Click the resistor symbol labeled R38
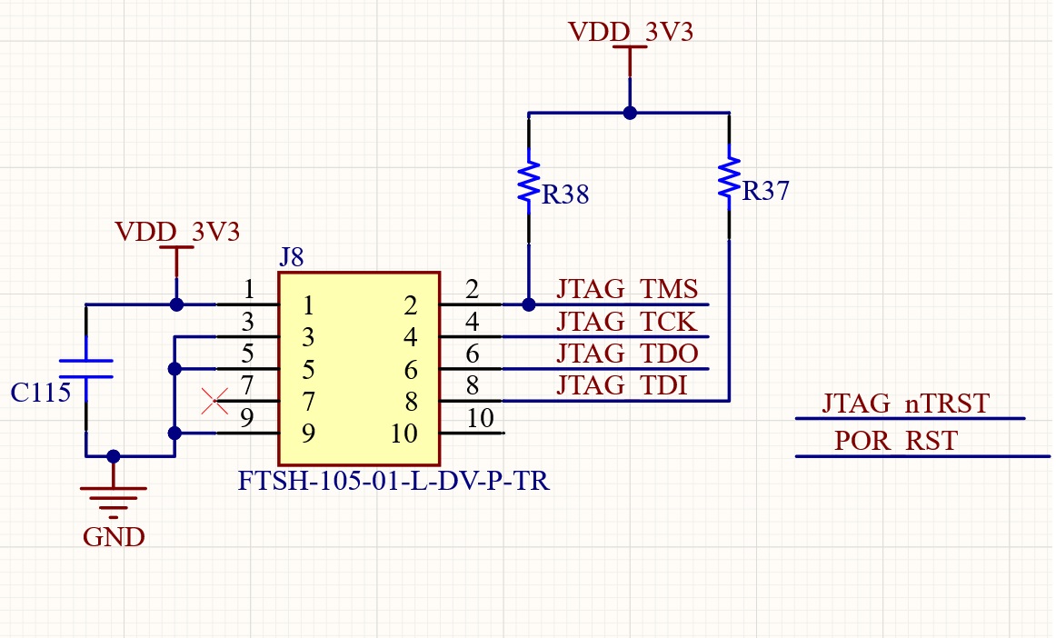pyautogui.click(x=528, y=182)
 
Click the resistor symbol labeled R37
pyautogui.click(x=729, y=179)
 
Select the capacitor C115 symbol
pyautogui.click(x=85, y=368)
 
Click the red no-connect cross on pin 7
pyautogui.click(x=214, y=401)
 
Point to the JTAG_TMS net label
pyautogui.click(x=627, y=289)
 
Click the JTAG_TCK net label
pyautogui.click(x=627, y=322)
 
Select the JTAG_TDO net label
pyautogui.click(x=627, y=354)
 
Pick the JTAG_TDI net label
pyautogui.click(x=622, y=385)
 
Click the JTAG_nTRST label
pyautogui.click(x=905, y=403)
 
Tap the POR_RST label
pyautogui.click(x=896, y=441)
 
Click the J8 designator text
pyautogui.click(x=292, y=257)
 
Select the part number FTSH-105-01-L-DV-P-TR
pyautogui.click(x=394, y=482)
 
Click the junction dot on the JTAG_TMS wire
pyautogui.click(x=528, y=304)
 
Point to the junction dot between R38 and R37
pyautogui.click(x=630, y=113)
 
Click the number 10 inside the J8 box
pyautogui.click(x=404, y=434)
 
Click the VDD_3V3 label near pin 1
pyautogui.click(x=177, y=232)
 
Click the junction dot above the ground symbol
pyautogui.click(x=114, y=456)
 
